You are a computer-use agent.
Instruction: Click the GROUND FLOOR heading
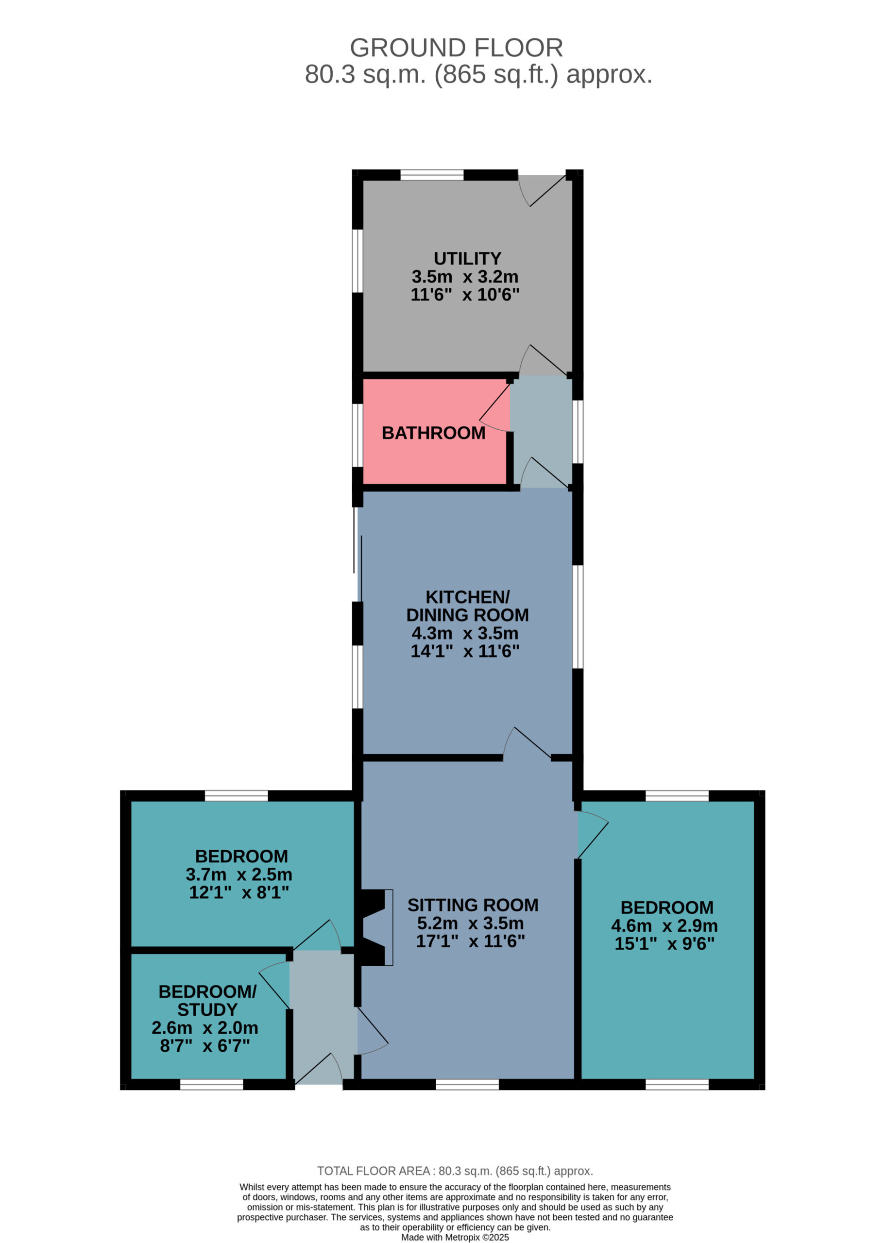(x=456, y=48)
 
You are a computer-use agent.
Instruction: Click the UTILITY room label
(x=467, y=258)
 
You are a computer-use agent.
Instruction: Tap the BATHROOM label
(x=433, y=433)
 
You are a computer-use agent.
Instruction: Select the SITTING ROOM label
(x=473, y=905)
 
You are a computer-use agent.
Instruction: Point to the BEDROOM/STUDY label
(x=207, y=1000)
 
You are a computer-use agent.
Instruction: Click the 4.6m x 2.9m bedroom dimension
(x=664, y=925)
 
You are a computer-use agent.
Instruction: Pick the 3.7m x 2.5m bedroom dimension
(x=238, y=874)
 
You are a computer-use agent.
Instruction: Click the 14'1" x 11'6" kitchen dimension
(x=465, y=651)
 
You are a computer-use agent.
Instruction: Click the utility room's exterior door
(x=542, y=190)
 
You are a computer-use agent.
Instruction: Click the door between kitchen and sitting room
(x=527, y=743)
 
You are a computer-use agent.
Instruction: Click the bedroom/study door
(x=274, y=985)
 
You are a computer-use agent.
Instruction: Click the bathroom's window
(x=357, y=435)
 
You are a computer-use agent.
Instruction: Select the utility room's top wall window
(x=432, y=175)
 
